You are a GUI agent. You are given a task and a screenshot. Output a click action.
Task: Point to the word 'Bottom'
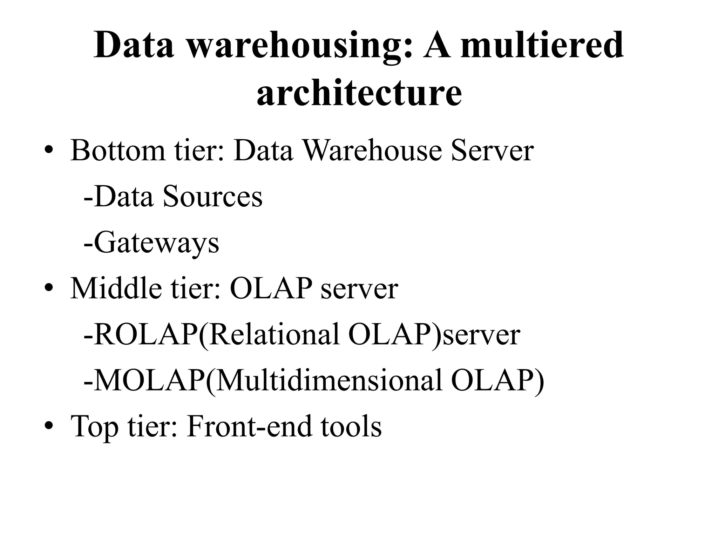click(x=117, y=151)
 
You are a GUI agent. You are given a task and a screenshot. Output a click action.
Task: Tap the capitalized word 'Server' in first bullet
click(x=492, y=151)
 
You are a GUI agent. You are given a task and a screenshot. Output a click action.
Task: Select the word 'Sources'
click(x=212, y=197)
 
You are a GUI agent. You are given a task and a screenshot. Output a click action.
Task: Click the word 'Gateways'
click(x=156, y=243)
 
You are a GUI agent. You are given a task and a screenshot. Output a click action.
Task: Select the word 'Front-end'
click(x=249, y=427)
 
